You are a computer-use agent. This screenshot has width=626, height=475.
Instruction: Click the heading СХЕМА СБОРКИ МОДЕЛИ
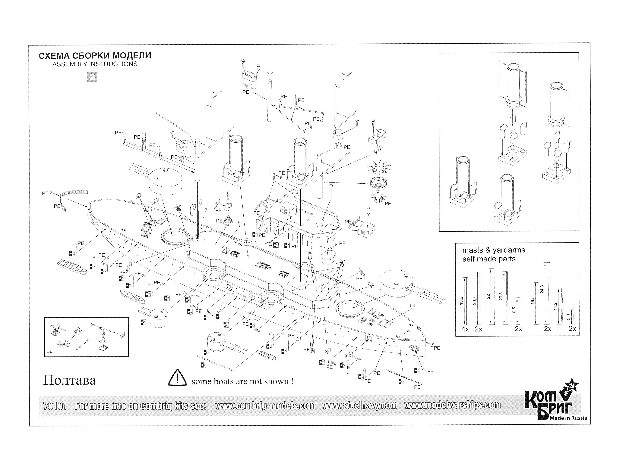tap(95, 55)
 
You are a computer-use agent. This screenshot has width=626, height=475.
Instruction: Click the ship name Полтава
tap(70, 380)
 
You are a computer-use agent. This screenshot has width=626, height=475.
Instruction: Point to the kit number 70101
tap(55, 406)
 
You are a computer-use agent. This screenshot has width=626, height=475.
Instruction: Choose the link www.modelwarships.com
tap(452, 405)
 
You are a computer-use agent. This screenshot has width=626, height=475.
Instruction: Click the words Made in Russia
tap(568, 418)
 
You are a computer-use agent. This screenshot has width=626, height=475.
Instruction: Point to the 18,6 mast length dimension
tap(461, 301)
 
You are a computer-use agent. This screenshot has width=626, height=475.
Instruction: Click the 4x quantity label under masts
tap(465, 329)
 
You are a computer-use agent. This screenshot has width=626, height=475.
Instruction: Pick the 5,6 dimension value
tap(568, 317)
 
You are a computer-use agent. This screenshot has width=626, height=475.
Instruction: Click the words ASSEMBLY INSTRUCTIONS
tap(95, 64)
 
